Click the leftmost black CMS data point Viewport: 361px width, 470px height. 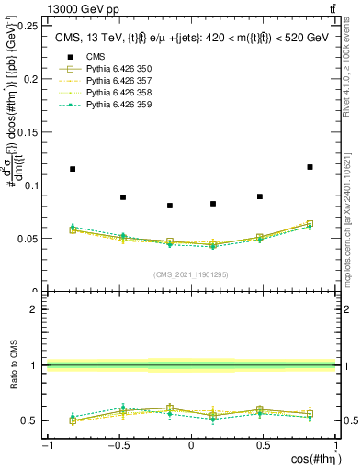point(73,169)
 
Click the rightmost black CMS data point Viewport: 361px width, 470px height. point(310,167)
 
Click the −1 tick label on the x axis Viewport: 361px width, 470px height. point(46,445)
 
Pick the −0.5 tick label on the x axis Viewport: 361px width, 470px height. point(117,445)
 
